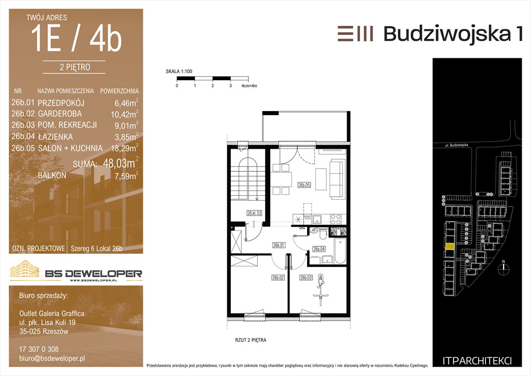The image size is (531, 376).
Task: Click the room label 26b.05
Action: pos(304,185)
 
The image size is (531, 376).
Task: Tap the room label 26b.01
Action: pos(279,245)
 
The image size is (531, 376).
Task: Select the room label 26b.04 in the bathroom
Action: pos(319,249)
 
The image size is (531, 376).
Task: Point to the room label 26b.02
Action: pos(278,278)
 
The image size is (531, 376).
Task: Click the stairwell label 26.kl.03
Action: pos(254,213)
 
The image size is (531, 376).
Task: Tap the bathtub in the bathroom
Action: pos(340,251)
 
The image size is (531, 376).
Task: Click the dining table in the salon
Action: pos(281,179)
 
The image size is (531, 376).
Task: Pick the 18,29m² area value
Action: pos(125,148)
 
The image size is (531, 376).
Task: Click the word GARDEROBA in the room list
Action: pos(60,114)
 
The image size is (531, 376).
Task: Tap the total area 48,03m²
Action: pos(121,163)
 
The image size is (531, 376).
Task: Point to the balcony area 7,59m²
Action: pos(126,176)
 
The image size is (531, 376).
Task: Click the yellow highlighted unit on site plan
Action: pos(449,247)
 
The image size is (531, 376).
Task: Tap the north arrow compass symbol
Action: pos(504,267)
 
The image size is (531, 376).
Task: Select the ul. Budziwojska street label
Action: pos(457,145)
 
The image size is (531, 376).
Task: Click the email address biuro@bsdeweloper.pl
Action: pos(52,358)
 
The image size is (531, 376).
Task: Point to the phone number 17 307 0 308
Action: pos(39,349)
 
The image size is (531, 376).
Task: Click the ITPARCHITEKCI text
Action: pos(477,361)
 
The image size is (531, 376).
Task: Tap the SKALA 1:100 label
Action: pos(179,71)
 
